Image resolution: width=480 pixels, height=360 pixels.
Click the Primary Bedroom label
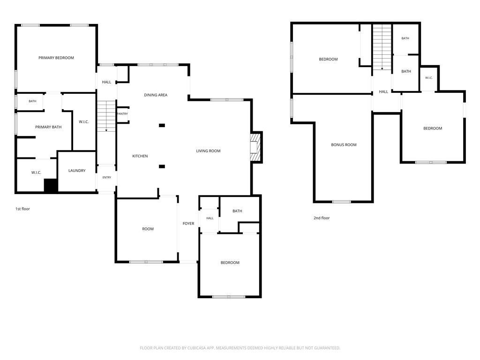click(56, 58)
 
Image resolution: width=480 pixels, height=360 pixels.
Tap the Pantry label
click(122, 114)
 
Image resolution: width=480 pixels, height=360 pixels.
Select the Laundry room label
click(77, 171)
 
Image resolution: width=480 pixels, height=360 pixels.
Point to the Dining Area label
click(156, 95)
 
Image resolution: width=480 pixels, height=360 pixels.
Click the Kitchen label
click(140, 156)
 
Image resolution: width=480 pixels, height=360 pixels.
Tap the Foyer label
click(188, 224)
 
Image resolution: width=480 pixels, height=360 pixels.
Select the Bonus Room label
click(344, 145)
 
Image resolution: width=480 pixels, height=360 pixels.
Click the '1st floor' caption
click(22, 209)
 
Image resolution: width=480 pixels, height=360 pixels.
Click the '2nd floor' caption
click(322, 218)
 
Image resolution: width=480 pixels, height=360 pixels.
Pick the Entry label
click(107, 178)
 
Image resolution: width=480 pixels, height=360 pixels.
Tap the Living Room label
click(208, 151)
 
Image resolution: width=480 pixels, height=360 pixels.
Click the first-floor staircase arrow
click(106, 116)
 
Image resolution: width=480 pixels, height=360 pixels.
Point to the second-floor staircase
click(382, 47)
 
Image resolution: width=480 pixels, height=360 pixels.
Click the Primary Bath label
click(48, 127)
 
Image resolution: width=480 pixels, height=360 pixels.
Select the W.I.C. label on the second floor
click(429, 78)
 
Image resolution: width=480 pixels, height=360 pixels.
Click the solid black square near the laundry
click(51, 186)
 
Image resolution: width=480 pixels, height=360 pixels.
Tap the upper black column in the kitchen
click(162, 125)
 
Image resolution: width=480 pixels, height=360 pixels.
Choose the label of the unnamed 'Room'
click(148, 229)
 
